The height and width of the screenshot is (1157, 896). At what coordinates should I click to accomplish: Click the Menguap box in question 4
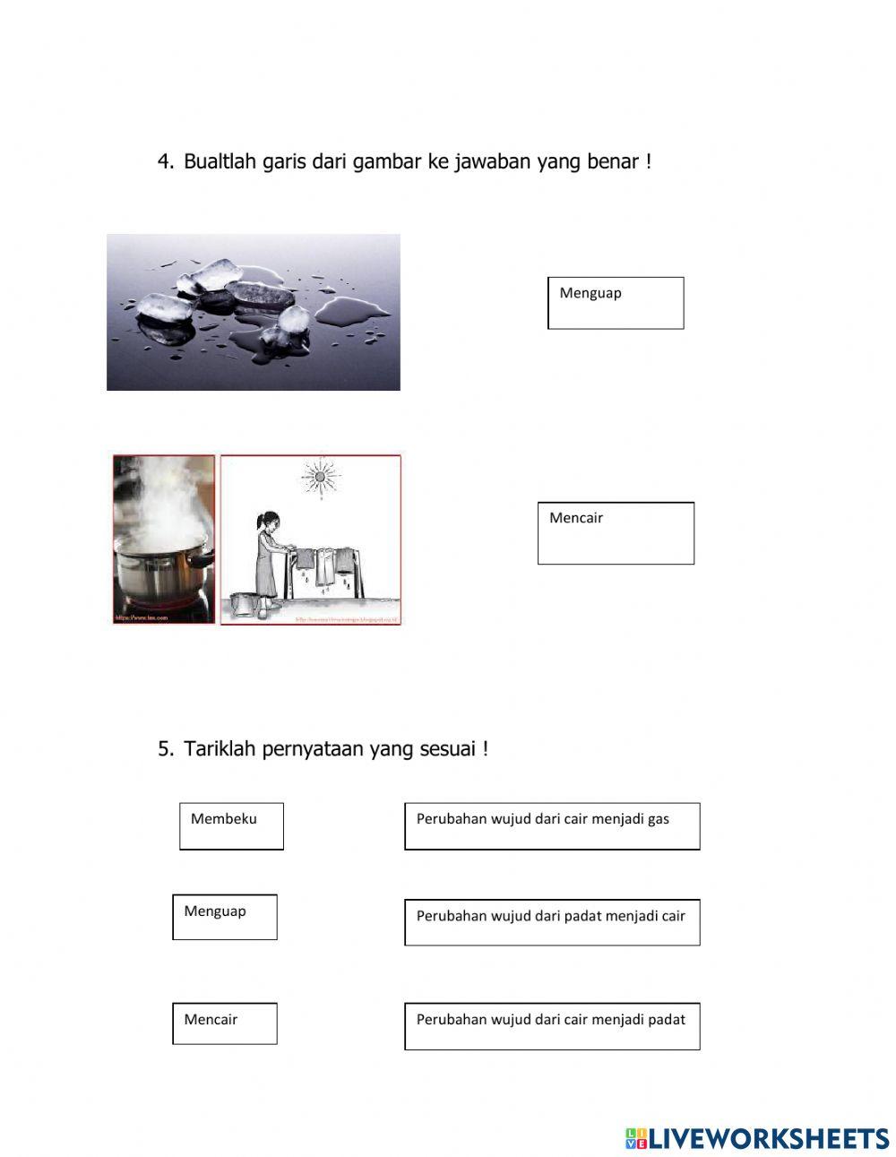(x=616, y=303)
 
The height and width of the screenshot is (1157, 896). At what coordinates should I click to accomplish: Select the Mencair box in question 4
(x=616, y=533)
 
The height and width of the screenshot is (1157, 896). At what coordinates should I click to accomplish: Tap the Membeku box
(x=231, y=825)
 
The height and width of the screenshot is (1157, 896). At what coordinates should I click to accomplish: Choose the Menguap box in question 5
(x=225, y=917)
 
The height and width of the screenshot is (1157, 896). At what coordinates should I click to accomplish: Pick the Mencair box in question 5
(x=225, y=1023)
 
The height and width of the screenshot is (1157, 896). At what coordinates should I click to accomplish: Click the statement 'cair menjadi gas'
(x=552, y=825)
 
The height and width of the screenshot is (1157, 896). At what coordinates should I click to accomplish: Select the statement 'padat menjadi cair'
(x=552, y=922)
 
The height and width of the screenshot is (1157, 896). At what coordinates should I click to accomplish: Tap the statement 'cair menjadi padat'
(x=552, y=1026)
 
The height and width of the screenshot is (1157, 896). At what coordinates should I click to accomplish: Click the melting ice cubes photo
(x=254, y=312)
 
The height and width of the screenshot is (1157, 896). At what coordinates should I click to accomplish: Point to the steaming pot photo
(x=164, y=540)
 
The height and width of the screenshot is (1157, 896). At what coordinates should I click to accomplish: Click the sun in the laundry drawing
(x=317, y=475)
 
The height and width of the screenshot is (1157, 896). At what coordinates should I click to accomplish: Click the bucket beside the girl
(x=242, y=604)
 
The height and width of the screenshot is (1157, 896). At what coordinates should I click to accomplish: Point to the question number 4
(x=165, y=162)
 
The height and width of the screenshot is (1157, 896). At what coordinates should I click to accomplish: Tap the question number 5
(x=165, y=749)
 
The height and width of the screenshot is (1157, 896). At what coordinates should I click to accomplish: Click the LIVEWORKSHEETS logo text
(x=769, y=1138)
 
